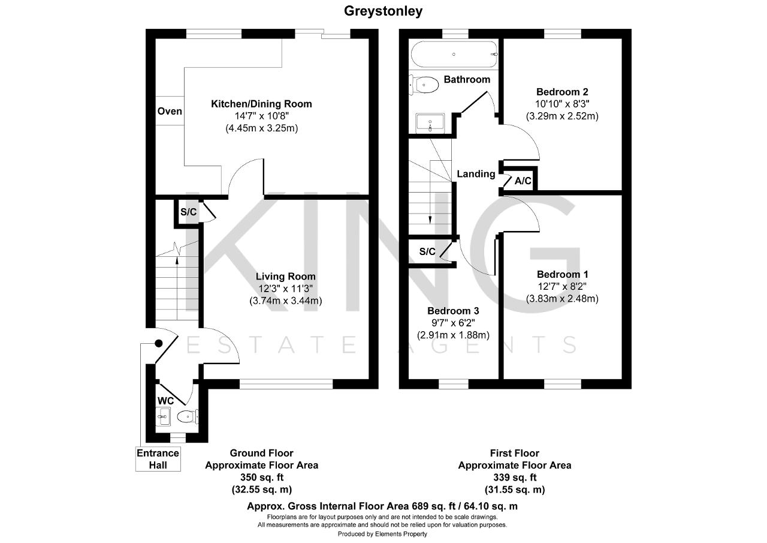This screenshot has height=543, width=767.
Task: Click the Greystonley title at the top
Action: [x=383, y=11]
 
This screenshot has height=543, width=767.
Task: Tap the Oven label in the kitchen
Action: [x=170, y=111]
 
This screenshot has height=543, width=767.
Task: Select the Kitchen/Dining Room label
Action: [x=261, y=104]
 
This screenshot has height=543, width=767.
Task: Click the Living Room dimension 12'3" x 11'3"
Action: [x=285, y=289]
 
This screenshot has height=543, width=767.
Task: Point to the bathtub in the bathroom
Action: [x=454, y=54]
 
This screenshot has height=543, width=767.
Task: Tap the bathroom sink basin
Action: [x=430, y=123]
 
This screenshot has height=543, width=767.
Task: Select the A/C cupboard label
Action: [x=523, y=181]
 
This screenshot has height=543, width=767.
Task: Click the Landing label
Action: [x=476, y=174]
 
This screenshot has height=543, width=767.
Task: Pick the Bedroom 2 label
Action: [x=562, y=92]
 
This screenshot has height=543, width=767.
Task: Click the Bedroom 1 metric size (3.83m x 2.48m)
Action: [x=562, y=299]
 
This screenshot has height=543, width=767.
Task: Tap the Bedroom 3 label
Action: [x=453, y=311]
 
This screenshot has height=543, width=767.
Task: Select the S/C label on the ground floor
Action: [x=188, y=212]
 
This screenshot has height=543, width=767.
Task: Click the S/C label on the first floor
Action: [x=427, y=251]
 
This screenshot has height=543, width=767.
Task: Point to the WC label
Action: [x=166, y=401]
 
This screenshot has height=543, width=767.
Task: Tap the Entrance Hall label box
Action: [x=158, y=459]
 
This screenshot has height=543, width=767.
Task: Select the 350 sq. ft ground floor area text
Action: [x=262, y=477]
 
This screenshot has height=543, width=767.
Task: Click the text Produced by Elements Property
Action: [x=382, y=534]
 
